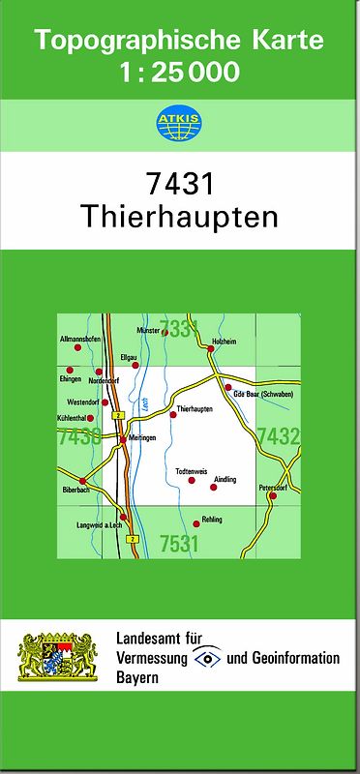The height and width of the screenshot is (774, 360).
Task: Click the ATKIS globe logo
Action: click(x=179, y=125)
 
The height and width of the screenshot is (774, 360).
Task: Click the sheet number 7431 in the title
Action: click(x=179, y=184)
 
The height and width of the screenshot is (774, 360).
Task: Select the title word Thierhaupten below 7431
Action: click(x=179, y=215)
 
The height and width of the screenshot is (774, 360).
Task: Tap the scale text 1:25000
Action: click(x=179, y=71)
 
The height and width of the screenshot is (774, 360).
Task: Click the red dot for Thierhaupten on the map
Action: click(x=173, y=414)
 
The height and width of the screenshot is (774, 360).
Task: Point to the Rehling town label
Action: click(x=212, y=520)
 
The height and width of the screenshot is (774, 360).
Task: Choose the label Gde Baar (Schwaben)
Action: click(x=263, y=394)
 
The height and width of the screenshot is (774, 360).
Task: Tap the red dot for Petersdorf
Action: click(x=272, y=495)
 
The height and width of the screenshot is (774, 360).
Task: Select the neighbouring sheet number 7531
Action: click(x=179, y=544)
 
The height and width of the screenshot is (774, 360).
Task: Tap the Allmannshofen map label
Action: click(x=79, y=340)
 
